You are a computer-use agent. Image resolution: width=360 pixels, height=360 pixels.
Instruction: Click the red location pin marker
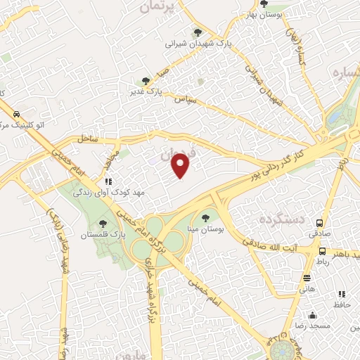(x=181, y=165)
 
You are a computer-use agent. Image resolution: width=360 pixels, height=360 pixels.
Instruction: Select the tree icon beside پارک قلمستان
(x=103, y=224)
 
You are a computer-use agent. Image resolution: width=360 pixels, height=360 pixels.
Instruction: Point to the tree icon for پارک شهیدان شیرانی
(x=198, y=32)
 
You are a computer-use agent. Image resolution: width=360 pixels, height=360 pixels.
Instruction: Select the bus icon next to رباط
(x=322, y=251)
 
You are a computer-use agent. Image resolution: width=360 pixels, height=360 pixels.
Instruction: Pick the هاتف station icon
(x=306, y=278)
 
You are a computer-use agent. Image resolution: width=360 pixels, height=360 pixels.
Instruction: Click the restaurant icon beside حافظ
(x=342, y=294)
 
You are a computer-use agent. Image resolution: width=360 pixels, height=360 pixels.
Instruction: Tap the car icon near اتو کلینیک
(x=16, y=114)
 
